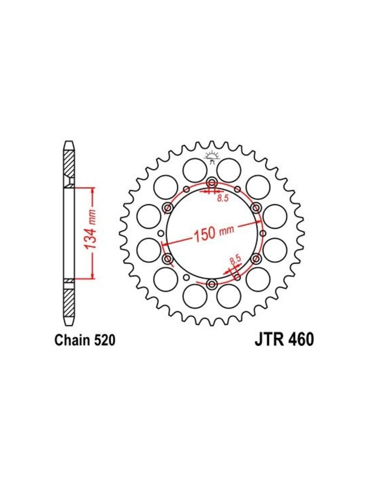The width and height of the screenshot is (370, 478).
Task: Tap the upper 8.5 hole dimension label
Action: point(223,199)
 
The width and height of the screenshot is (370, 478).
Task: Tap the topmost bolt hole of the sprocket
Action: point(212,182)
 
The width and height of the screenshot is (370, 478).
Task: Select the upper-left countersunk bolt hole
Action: point(168,207)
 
